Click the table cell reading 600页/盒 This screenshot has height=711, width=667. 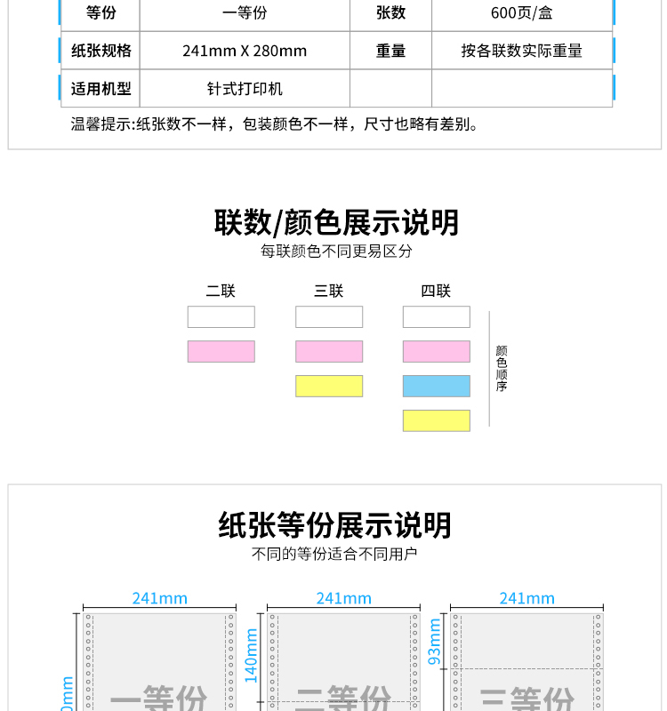coord(521,13)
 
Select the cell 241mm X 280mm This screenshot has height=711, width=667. coord(245,51)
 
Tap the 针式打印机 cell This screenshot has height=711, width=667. coord(245,89)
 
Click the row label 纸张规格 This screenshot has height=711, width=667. coord(100,51)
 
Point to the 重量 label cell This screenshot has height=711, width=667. coord(390,51)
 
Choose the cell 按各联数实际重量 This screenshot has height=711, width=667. coord(521,51)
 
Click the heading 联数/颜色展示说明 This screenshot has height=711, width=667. coord(336,222)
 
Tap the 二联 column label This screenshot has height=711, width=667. coord(221,291)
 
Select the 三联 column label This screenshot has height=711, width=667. coord(328,291)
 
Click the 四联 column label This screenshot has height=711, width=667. coord(436,291)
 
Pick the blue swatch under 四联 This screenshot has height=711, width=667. coord(436,386)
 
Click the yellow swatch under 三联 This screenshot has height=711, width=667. coord(329,386)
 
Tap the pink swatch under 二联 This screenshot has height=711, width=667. coord(221,351)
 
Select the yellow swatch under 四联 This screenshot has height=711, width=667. coord(436,420)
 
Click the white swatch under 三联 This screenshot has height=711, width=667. coord(329,316)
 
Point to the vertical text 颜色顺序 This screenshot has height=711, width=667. coord(502,369)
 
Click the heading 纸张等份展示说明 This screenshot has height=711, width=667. coord(334,525)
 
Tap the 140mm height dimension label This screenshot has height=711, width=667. coord(252,662)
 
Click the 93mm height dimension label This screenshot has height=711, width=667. coord(435,642)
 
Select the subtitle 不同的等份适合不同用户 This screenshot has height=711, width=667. coord(334,554)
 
